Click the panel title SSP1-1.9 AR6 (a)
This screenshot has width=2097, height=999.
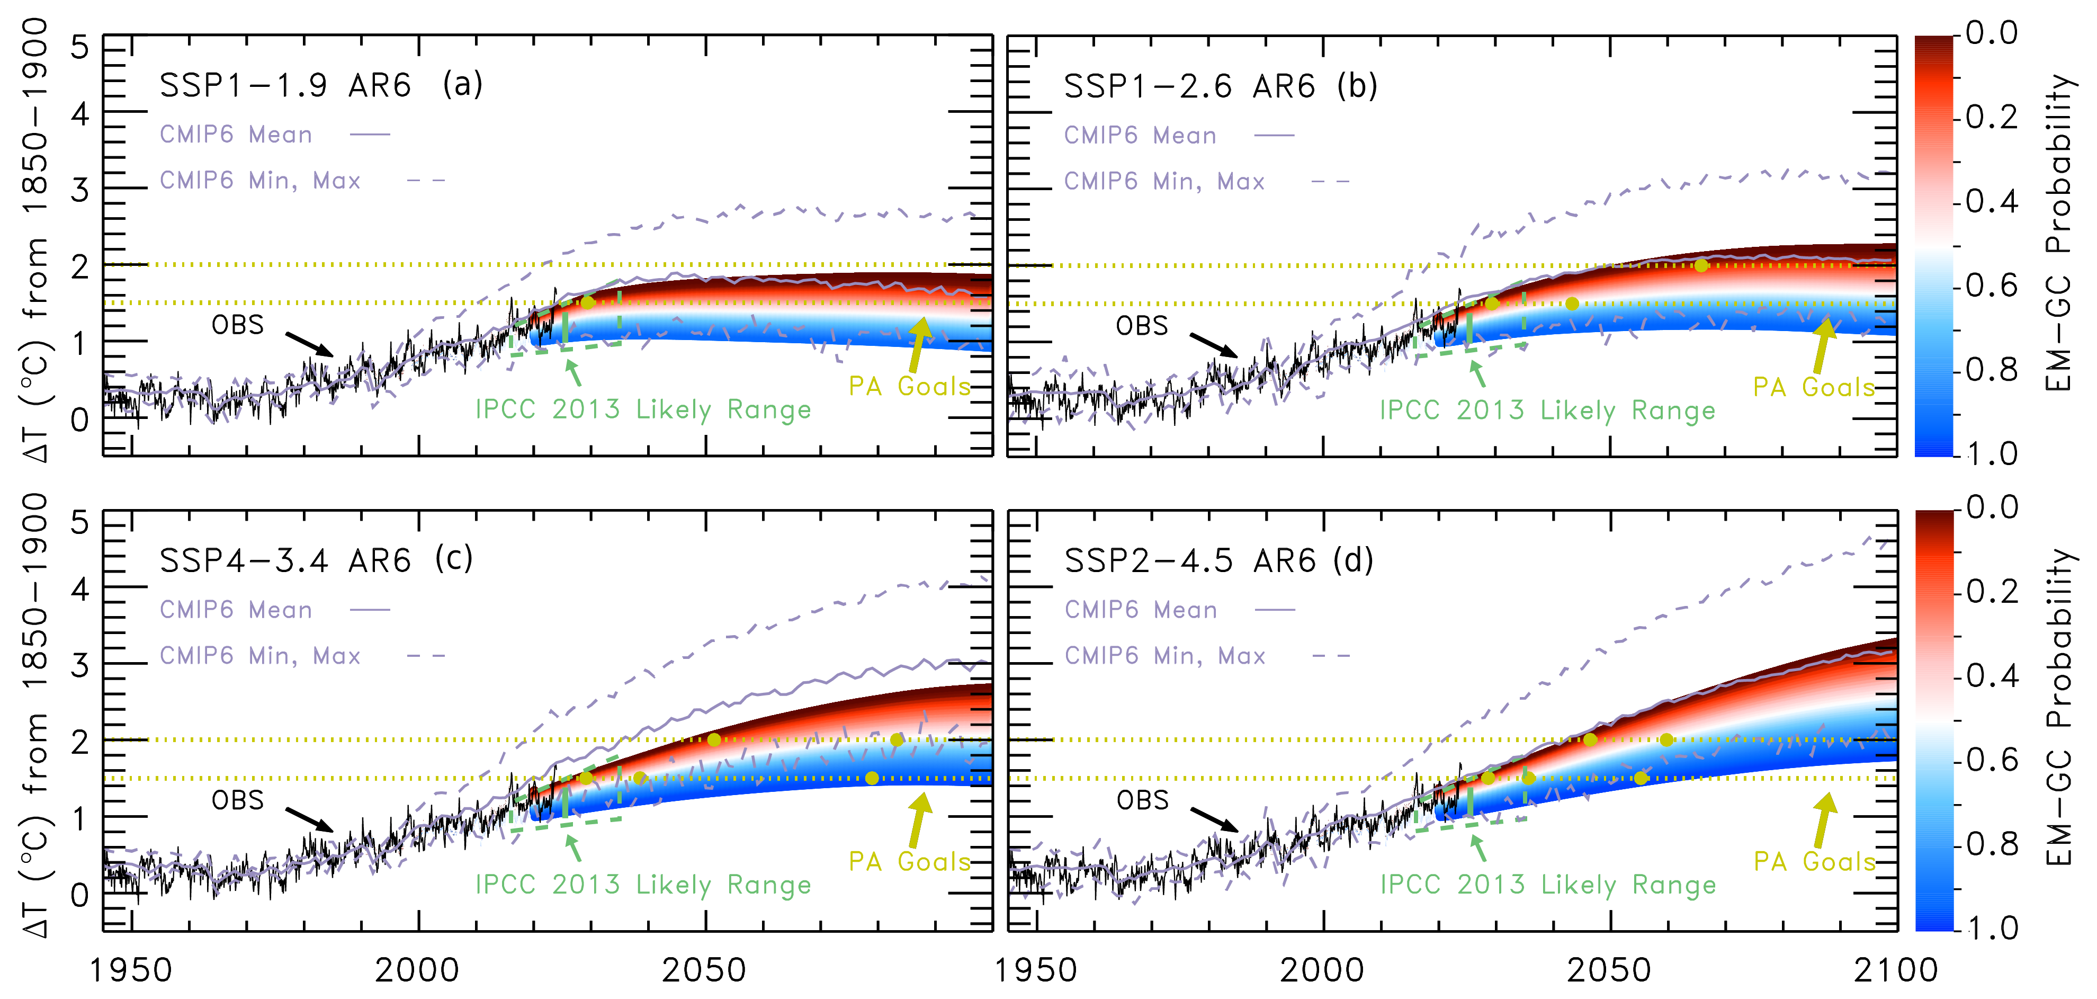pyautogui.click(x=321, y=85)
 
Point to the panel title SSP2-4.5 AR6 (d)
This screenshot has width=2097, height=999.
pyautogui.click(x=1218, y=561)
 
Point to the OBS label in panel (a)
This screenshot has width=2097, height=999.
pyautogui.click(x=238, y=325)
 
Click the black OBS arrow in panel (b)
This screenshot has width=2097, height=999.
pyautogui.click(x=1213, y=344)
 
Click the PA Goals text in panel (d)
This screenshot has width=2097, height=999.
pyautogui.click(x=1814, y=861)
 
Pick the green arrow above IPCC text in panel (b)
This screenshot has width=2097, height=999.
pyautogui.click(x=1477, y=373)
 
